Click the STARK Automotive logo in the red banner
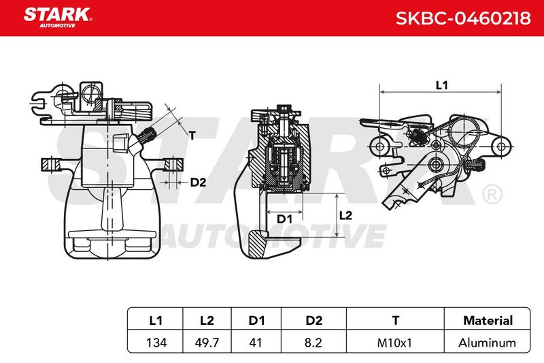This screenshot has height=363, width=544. (58, 18)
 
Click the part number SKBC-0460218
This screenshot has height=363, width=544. (463, 18)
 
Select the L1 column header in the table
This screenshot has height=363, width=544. (156, 320)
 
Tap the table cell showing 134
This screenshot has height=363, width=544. (156, 343)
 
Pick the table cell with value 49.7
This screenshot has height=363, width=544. (207, 343)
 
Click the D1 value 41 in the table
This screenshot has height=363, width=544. (256, 343)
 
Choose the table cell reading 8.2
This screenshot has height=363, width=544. (313, 343)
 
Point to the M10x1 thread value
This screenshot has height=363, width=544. (394, 343)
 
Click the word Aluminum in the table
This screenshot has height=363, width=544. (487, 343)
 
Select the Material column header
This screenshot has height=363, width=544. (488, 320)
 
